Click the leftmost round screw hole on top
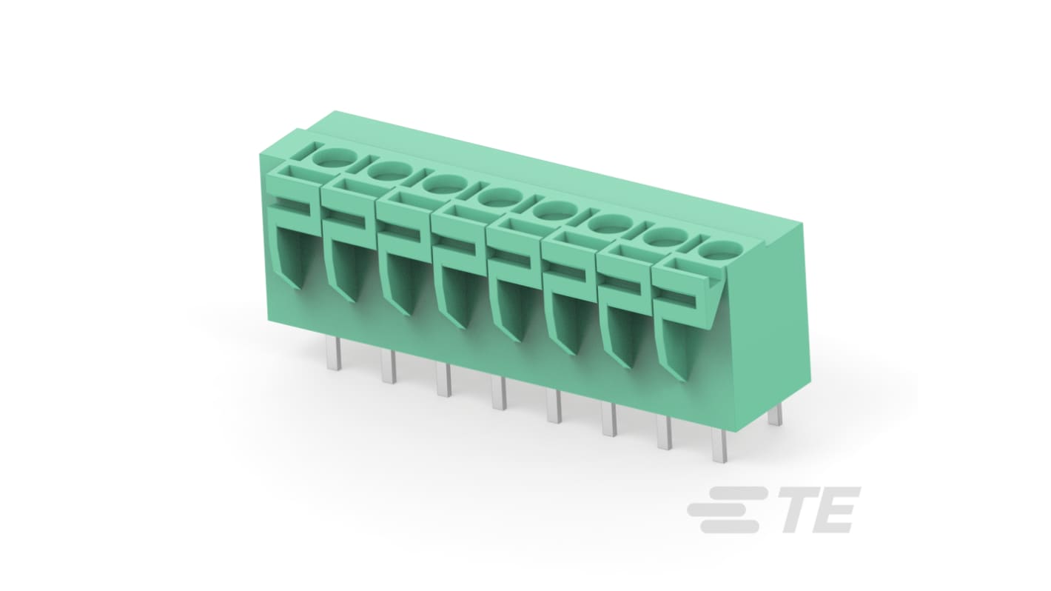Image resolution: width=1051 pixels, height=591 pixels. [334, 158]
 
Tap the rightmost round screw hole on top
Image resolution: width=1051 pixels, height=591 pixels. [714, 250]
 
